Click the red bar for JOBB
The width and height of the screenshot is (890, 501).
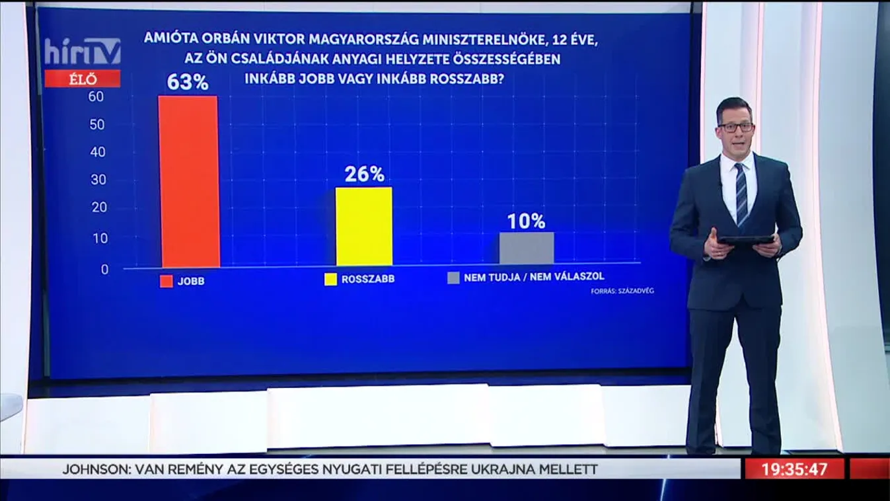pos(188,182)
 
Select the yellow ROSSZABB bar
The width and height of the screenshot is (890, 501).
pos(364,227)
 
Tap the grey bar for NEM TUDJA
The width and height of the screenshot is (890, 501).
pos(527,249)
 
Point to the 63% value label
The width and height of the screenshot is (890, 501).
pos(188,83)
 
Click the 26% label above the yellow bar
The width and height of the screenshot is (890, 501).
pos(364,174)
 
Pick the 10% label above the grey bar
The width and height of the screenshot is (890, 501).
pos(527,221)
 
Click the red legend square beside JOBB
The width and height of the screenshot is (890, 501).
pos(166,280)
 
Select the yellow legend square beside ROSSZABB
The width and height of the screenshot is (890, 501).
pos(330,280)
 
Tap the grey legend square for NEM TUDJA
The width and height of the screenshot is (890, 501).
pos(453,278)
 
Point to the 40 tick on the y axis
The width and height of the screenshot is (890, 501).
pos(98,151)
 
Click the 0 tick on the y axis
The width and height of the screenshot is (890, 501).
pos(104,270)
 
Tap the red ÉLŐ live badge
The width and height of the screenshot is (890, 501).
pos(83,79)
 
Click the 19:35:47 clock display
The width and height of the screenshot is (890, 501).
pos(794,469)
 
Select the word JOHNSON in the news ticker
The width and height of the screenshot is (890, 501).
pos(96,470)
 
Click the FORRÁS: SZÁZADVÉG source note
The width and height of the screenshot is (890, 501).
pos(622,291)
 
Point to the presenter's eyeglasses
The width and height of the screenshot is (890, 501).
pos(735,127)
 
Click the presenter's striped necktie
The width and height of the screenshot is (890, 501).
pos(741,195)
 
